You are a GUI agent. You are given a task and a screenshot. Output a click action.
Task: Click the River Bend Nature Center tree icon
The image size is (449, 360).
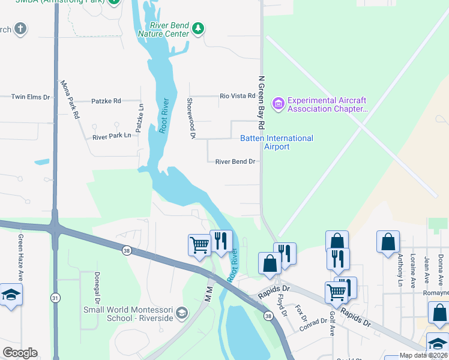tap(199, 28)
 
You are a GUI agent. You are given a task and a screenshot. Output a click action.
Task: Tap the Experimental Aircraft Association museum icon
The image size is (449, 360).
tap(278, 104)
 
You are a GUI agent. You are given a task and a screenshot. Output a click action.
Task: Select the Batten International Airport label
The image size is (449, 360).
tap(277, 142)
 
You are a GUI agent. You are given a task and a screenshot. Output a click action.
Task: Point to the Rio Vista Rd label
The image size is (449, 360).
tap(238, 96)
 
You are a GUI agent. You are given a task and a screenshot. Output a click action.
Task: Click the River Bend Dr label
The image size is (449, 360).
tap(235, 161)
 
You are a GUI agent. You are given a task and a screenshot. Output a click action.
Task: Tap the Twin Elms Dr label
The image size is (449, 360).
tap(30, 97)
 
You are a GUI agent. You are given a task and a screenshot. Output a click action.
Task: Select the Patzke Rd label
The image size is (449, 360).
tap(106, 101)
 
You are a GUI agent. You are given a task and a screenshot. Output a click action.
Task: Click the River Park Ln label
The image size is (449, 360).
tap(112, 136)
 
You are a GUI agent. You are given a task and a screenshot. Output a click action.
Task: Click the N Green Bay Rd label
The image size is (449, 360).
tap(261, 103)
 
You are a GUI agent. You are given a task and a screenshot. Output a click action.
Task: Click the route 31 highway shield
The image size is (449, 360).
tap(55, 298)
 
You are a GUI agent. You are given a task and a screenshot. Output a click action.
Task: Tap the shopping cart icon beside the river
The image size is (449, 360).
tap(199, 244)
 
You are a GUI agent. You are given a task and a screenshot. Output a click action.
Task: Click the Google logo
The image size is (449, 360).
tap(20, 353)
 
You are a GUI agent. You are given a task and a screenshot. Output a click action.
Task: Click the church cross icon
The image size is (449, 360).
tap(20, 29)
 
